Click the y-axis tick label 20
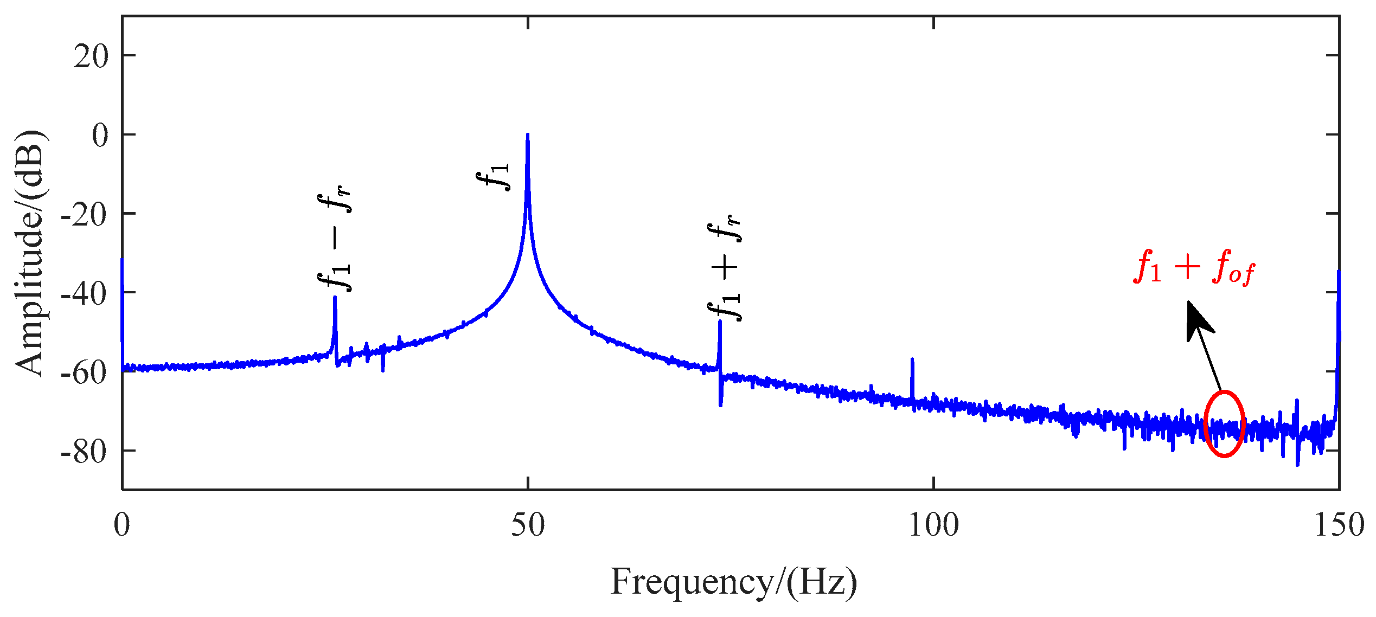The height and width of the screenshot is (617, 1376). click(x=91, y=57)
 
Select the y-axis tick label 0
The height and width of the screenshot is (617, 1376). click(x=100, y=136)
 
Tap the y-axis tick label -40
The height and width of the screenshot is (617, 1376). click(x=84, y=294)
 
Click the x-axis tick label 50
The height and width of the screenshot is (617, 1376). click(x=528, y=525)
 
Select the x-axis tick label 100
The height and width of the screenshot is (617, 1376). click(x=933, y=525)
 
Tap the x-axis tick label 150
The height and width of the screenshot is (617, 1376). click(x=1339, y=525)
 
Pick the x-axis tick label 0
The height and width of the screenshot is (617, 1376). click(x=123, y=525)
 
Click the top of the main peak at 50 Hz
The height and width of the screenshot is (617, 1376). click(x=528, y=135)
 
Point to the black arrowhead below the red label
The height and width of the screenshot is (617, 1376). click(x=1198, y=320)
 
